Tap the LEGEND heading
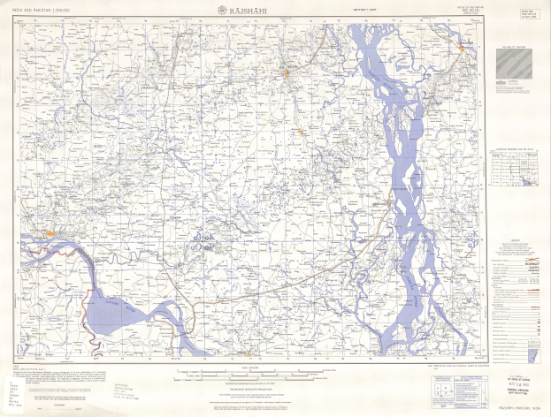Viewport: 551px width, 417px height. [x=514, y=238]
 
